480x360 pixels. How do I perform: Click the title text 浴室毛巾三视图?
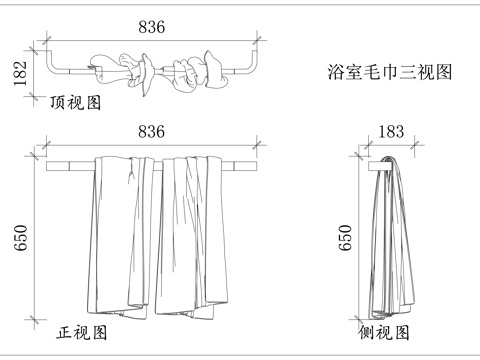pos(391,72)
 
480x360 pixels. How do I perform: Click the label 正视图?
pos(82,332)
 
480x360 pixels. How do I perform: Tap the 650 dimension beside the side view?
pos(346,238)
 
